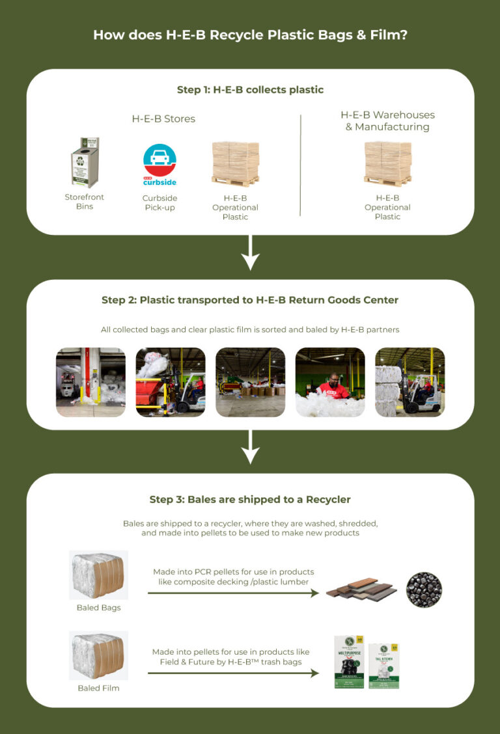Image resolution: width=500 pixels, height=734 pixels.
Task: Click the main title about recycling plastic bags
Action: pos(250,35)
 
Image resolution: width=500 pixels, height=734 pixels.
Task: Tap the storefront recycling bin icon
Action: pos(85,163)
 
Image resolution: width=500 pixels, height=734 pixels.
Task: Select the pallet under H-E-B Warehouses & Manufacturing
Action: pos(387,163)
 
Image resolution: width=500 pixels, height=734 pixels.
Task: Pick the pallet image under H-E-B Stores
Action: pos(235,163)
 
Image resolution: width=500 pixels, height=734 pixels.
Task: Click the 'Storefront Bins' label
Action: pos(85,202)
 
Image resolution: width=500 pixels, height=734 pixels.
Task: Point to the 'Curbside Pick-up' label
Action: pos(160,202)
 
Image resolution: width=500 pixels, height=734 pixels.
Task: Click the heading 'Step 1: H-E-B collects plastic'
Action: pos(250,90)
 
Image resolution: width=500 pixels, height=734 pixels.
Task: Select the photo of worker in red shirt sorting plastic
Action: pos(330,382)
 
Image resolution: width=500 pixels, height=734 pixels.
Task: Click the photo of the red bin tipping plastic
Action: pos(170,382)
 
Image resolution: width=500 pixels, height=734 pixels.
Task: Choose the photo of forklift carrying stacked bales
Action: pos(410,382)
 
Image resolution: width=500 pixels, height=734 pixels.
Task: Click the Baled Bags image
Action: pos(98,575)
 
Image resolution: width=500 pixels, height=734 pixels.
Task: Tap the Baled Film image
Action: pos(98,655)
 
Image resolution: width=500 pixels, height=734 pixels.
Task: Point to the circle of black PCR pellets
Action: pos(424,590)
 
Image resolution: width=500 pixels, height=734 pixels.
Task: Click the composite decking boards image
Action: pos(359,590)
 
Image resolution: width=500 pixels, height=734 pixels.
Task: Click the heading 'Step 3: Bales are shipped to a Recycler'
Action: pos(250,500)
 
